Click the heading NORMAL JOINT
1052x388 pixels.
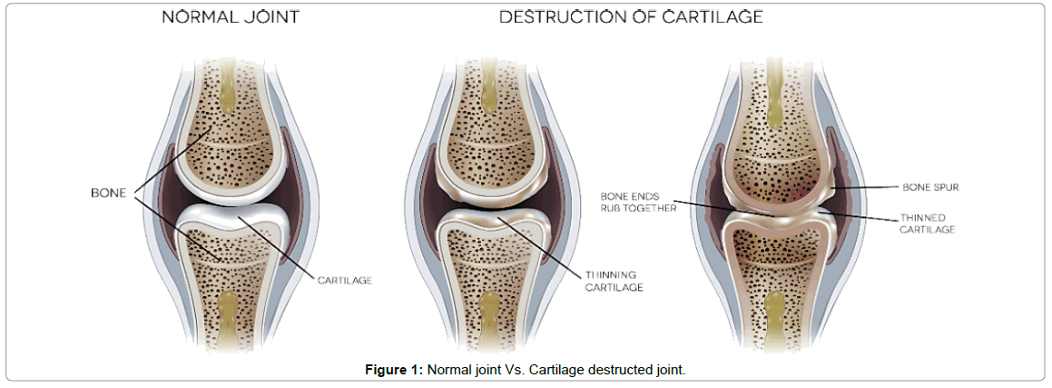(231, 16)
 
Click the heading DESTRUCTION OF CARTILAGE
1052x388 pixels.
(631, 16)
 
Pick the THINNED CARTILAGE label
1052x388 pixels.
(928, 224)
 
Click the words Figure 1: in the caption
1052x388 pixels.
(394, 369)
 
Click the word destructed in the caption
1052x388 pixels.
(620, 369)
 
